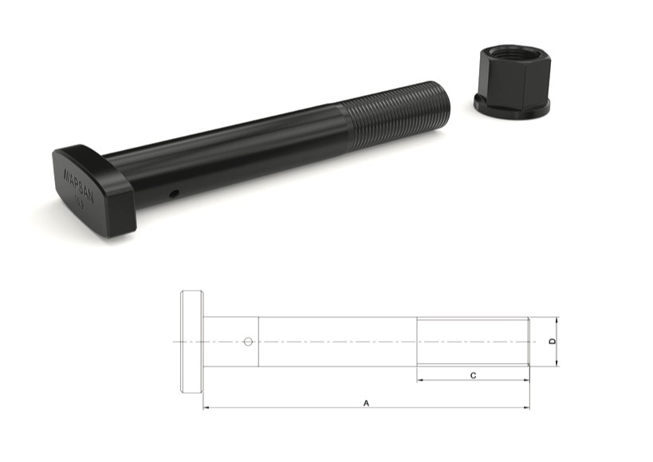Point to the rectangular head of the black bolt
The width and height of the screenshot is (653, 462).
pos(92,188)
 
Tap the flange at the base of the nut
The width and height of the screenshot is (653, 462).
pos(511,108)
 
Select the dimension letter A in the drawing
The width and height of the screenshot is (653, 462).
pos(366,404)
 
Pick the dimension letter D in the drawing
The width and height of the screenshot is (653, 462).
pos(553,342)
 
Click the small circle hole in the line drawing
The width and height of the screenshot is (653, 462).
pos(248,342)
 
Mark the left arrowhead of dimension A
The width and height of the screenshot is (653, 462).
pos(207,409)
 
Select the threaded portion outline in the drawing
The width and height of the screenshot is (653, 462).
pos(473,342)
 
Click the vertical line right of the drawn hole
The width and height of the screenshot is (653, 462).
pos(258,342)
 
